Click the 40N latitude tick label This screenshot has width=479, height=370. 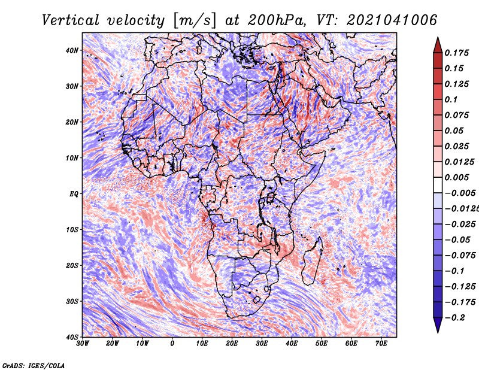pos(72,50)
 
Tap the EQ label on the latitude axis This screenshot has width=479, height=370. pos(74,194)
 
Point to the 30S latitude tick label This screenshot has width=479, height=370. pos(72,301)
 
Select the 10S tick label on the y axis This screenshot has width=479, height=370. pos(72,229)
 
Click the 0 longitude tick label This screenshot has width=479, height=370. pos(172,344)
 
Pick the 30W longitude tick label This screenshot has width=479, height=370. pos(83,344)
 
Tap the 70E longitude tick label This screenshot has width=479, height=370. pos(381,344)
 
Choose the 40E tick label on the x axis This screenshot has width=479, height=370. pos(292,344)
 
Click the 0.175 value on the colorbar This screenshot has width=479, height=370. pos(457,53)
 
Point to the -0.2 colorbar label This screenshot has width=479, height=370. pos(455,317)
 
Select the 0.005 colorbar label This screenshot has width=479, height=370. pos(457,177)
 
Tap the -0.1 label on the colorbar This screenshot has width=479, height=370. pos(455,271)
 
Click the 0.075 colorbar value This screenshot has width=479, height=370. pos(457,115)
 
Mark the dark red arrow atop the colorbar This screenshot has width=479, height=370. pos(438,46)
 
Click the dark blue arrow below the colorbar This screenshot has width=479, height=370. pos(438,325)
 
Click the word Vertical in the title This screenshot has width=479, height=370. pos(71,20)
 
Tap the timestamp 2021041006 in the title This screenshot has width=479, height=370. pos(392,20)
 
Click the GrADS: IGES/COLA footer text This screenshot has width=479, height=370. pos(34,366)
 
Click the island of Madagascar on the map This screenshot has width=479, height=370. pos(312,260)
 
